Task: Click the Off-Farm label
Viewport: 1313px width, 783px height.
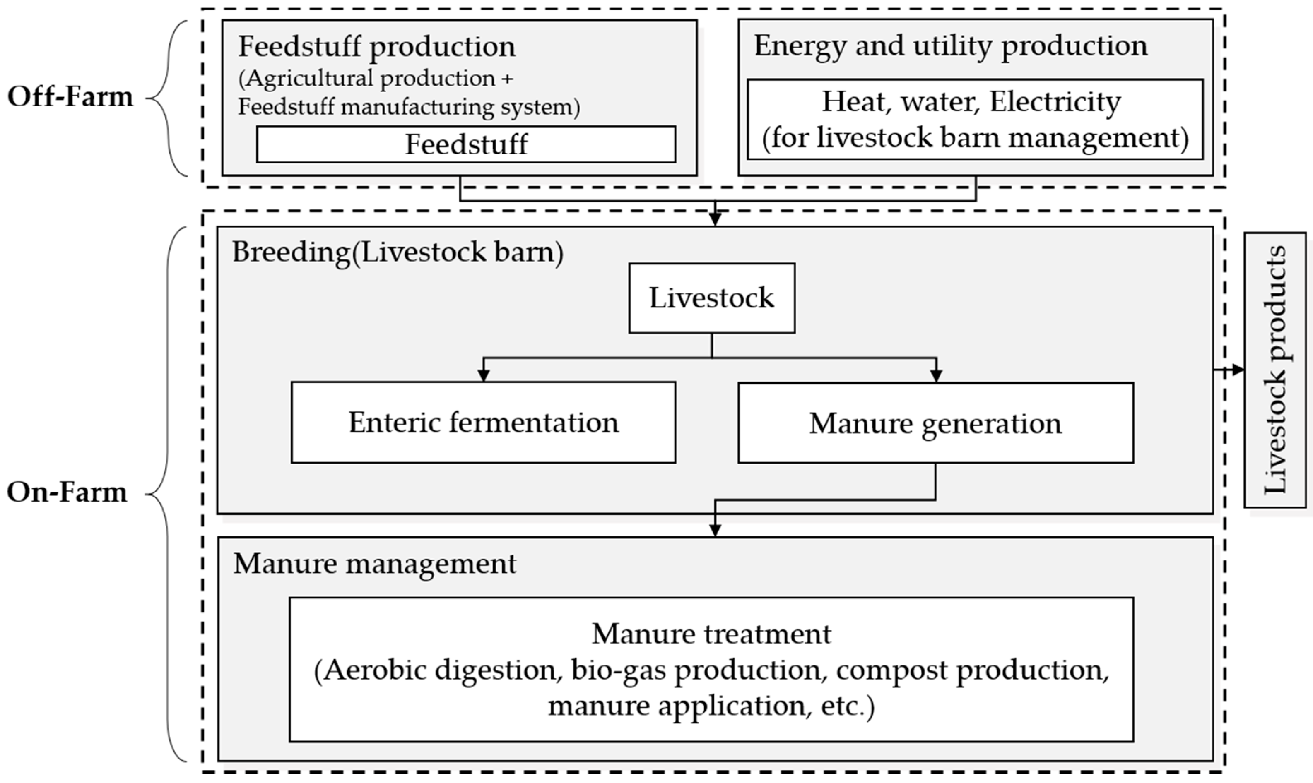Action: point(70,97)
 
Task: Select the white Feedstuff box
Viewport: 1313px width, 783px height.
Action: point(465,144)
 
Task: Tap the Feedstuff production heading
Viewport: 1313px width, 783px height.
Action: point(376,46)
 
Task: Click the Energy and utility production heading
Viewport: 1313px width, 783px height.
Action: point(950,46)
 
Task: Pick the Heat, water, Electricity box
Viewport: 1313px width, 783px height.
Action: point(975,120)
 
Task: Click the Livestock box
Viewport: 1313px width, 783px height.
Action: point(711,298)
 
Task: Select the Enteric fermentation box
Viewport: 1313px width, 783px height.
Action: point(483,423)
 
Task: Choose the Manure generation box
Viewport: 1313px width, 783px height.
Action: point(935,423)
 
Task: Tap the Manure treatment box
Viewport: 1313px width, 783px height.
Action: point(711,669)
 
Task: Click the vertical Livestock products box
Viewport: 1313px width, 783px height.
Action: point(1275,369)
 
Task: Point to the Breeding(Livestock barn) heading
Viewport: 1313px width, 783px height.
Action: point(398,252)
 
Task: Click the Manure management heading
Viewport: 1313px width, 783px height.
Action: point(375,564)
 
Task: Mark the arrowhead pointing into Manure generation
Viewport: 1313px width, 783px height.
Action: point(936,376)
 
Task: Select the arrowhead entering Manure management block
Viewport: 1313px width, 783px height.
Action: point(715,530)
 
